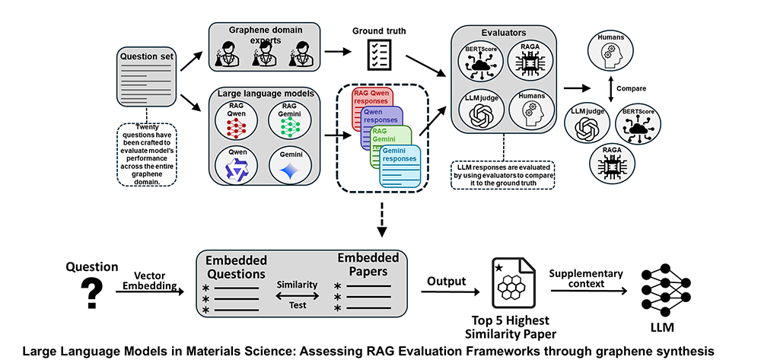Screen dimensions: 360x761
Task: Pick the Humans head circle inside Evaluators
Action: [530, 112]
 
